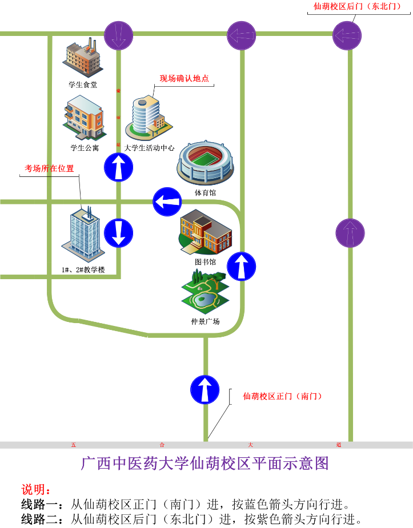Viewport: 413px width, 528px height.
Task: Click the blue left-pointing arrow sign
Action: (x=167, y=202)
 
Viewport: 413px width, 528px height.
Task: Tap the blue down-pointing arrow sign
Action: (x=118, y=233)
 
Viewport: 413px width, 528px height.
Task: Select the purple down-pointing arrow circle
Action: (x=119, y=34)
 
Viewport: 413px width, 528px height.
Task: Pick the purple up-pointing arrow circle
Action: (x=350, y=233)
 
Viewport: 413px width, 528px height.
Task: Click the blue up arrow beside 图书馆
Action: (x=242, y=266)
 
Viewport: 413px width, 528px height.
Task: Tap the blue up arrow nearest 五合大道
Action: (x=205, y=389)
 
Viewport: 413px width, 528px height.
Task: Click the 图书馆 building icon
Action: (x=205, y=232)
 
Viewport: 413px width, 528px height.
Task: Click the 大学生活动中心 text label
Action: (x=150, y=148)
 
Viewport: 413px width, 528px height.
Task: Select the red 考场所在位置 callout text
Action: (x=49, y=168)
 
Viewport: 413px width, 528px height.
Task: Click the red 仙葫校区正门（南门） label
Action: (x=282, y=396)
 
